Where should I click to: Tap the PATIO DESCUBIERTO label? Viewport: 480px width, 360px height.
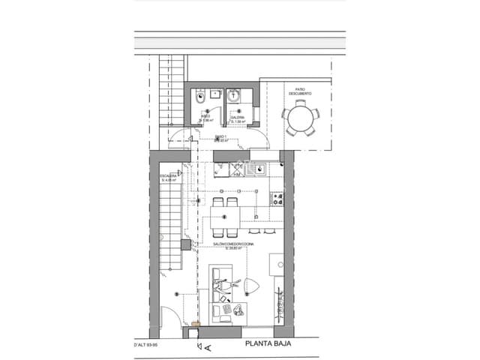tap(300, 91)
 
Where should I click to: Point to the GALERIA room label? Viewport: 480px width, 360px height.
tap(238, 118)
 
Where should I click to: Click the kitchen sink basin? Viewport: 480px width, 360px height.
tap(264, 169)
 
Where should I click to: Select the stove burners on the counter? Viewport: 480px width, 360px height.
tap(278, 199)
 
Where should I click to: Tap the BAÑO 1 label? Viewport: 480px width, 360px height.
tap(221, 137)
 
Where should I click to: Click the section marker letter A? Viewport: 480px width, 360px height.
tap(208, 347)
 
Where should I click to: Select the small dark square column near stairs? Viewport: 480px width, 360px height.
tap(185, 245)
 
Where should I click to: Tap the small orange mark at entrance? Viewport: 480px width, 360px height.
tap(196, 324)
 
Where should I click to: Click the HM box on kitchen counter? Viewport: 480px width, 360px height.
tap(235, 175)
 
